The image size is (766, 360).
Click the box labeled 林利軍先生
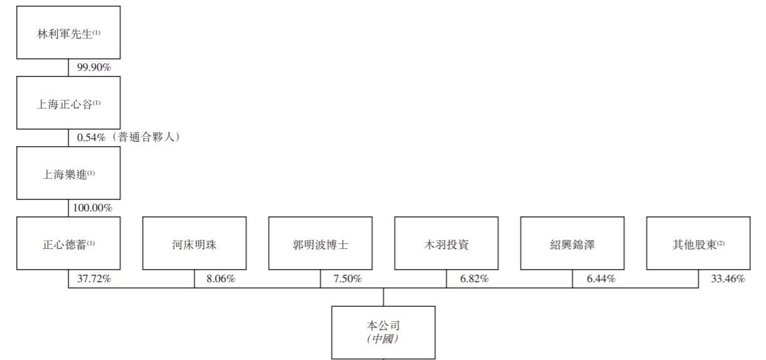click(x=68, y=33)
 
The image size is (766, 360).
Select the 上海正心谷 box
click(x=68, y=103)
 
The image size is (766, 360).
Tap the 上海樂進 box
click(x=68, y=173)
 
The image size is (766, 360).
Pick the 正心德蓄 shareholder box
click(x=68, y=243)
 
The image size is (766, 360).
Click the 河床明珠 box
click(x=194, y=243)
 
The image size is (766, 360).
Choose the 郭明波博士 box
click(x=320, y=243)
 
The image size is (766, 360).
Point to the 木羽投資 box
click(x=446, y=243)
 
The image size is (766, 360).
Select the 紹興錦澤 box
click(x=572, y=243)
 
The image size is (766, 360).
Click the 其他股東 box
click(x=698, y=243)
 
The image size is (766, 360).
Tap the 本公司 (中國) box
click(x=384, y=332)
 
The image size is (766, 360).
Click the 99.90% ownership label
click(x=94, y=67)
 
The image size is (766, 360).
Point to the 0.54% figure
click(x=92, y=137)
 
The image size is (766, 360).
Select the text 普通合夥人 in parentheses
click(x=146, y=137)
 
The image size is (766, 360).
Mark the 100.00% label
click(x=93, y=208)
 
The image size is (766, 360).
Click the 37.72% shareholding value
click(x=94, y=278)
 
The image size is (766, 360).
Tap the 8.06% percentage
click(x=221, y=278)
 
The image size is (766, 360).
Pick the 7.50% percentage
click(x=347, y=278)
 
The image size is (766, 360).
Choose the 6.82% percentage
click(x=475, y=278)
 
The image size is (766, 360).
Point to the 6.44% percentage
click(x=601, y=278)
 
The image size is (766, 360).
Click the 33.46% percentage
click(x=728, y=278)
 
